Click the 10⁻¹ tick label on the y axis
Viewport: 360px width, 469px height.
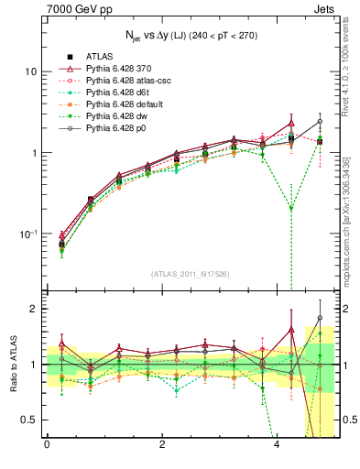pyautogui.click(x=28, y=234)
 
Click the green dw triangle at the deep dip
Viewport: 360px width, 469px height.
pyautogui.click(x=291, y=209)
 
